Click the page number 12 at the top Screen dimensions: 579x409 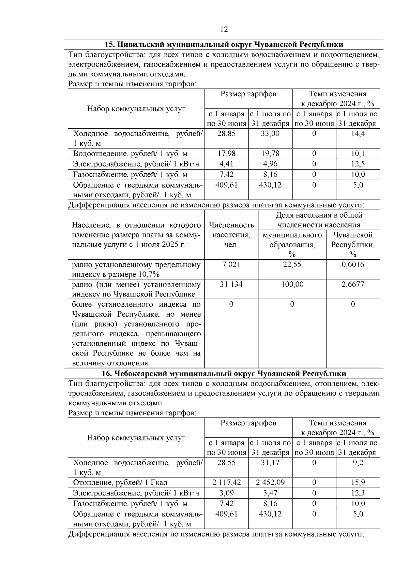(224, 29)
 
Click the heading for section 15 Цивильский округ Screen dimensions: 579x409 (224, 45)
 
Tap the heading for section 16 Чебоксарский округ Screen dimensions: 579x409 (224, 373)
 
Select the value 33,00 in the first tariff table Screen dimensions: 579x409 (270, 134)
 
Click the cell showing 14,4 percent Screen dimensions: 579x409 (358, 134)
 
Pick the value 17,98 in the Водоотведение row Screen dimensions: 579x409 (226, 154)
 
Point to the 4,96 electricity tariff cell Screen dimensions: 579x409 (270, 164)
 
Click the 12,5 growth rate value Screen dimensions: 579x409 (358, 164)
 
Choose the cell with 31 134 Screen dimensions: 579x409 (231, 285)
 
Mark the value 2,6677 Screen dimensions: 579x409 (353, 285)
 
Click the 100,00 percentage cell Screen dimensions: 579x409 (292, 285)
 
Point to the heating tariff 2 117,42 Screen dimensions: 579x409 (226, 483)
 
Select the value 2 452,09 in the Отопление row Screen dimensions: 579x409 (270, 483)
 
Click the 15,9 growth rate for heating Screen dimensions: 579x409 (358, 483)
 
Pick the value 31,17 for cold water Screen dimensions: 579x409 (270, 463)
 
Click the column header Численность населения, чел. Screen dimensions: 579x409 (231, 235)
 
